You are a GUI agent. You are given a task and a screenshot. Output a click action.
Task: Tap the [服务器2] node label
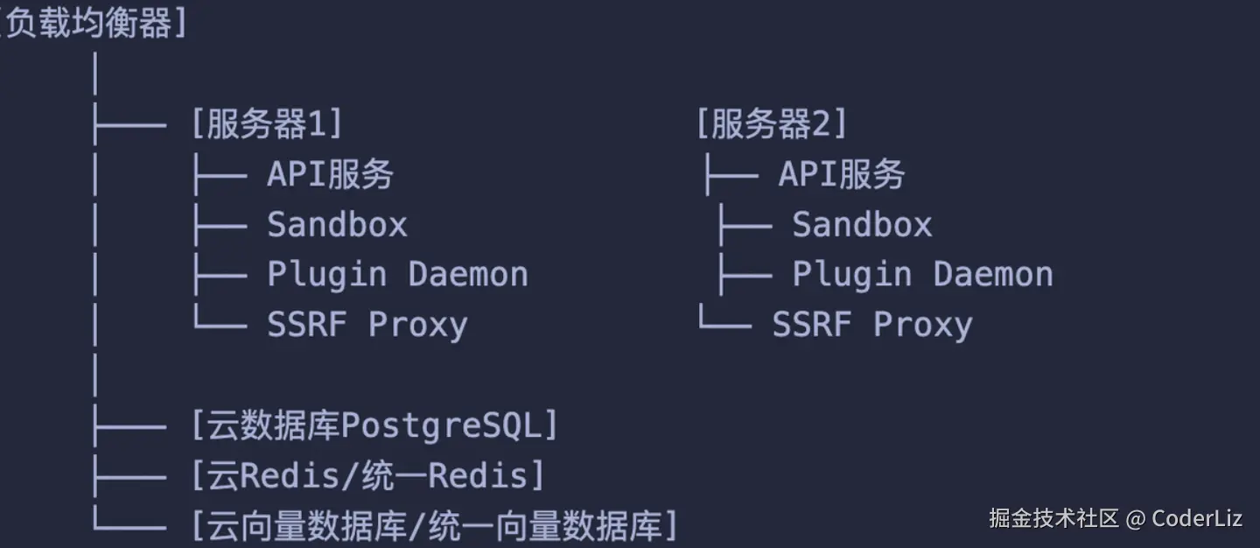[772, 125]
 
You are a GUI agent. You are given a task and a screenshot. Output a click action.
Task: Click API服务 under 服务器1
[330, 175]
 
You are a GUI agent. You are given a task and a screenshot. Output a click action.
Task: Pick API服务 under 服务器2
[841, 175]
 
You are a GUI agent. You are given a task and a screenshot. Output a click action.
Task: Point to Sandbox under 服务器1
[337, 225]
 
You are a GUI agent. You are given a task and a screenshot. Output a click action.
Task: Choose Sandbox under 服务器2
[862, 225]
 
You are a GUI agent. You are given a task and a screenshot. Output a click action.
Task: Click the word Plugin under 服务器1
[326, 275]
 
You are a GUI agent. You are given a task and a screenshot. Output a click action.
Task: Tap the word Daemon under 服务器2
[993, 275]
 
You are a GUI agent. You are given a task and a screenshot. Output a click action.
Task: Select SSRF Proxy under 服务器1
[367, 325]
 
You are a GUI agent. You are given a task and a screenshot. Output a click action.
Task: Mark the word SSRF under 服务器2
[811, 325]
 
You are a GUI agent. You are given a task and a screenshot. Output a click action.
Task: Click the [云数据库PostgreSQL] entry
[374, 426]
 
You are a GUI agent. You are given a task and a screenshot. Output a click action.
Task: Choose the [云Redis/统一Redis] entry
[367, 476]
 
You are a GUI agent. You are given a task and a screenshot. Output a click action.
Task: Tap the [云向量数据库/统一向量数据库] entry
[434, 527]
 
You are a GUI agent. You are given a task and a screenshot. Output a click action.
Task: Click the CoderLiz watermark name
[1197, 518]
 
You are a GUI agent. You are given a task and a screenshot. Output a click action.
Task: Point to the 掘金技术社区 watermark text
[1053, 518]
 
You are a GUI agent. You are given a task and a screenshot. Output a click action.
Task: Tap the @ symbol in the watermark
[1135, 518]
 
